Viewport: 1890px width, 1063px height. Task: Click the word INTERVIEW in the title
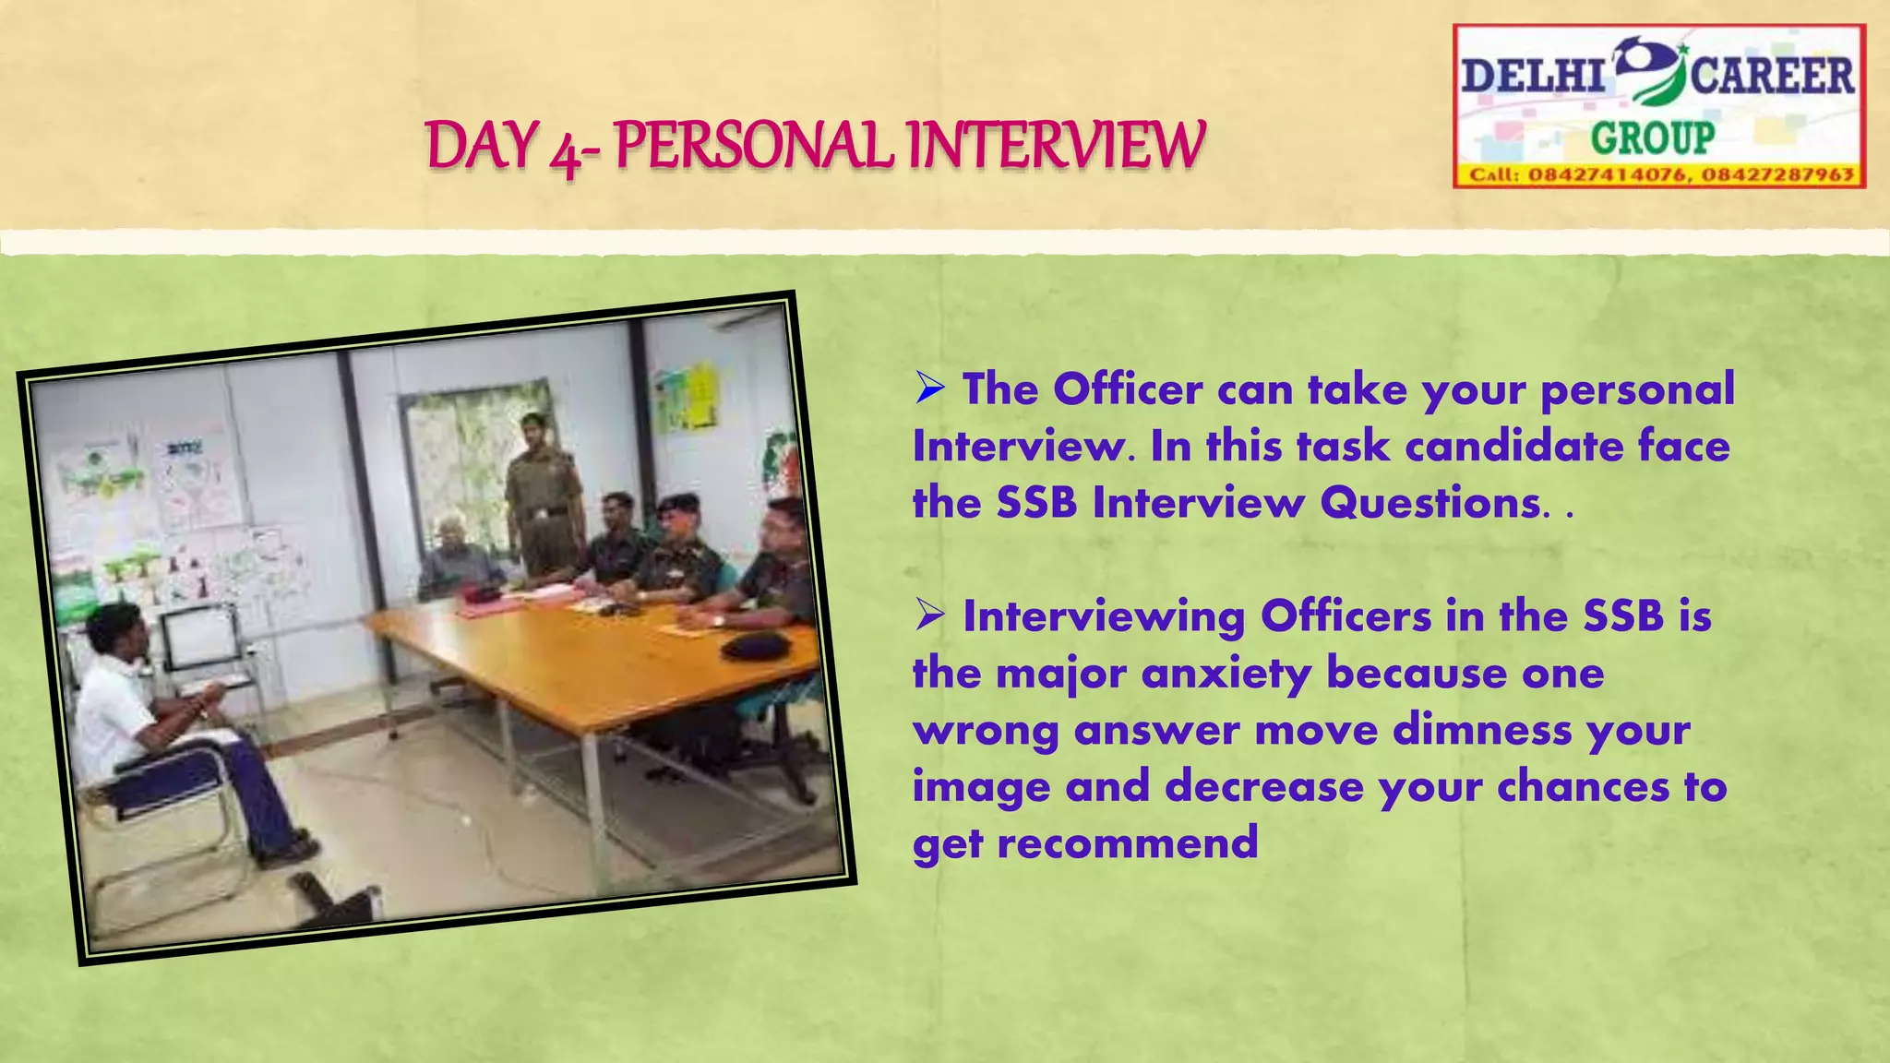tap(1056, 145)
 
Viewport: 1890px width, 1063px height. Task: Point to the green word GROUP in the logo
tap(1652, 138)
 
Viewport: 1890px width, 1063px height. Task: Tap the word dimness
tap(1482, 730)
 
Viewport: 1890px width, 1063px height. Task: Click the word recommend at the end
tap(1128, 843)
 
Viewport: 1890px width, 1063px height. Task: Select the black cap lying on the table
tap(760, 644)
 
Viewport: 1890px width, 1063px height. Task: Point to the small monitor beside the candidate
tap(198, 636)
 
